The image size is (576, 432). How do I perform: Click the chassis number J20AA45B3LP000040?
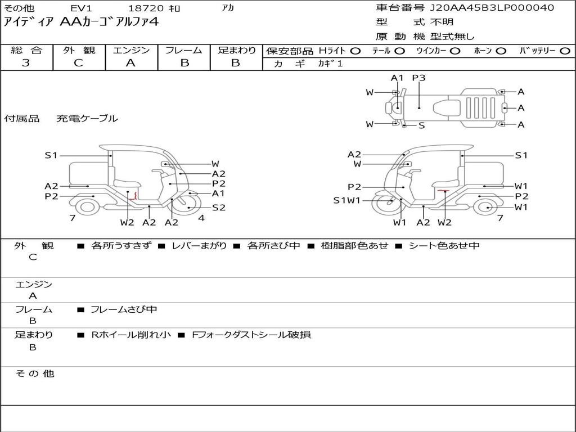(492, 8)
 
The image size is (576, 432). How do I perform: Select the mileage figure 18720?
(146, 8)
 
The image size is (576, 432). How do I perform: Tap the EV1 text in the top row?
(81, 8)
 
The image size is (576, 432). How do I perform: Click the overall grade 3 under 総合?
(26, 63)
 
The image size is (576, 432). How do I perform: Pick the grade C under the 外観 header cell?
(79, 63)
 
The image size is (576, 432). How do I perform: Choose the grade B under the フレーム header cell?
(184, 63)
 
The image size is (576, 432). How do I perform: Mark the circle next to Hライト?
(355, 51)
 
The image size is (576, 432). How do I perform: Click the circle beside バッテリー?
(565, 51)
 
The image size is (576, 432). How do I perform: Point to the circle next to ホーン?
(501, 51)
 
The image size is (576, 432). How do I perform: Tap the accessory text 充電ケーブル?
(87, 118)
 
